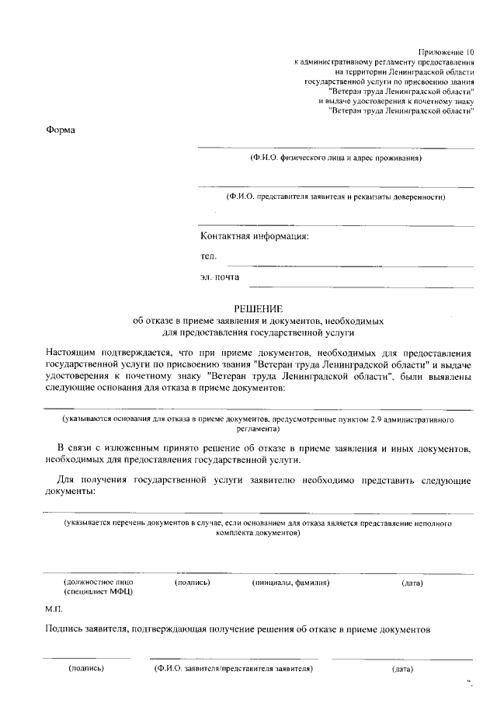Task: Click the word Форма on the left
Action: [x=61, y=129]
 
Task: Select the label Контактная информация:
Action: [x=254, y=236]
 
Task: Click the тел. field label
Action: [x=208, y=256]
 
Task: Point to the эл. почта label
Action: [x=220, y=276]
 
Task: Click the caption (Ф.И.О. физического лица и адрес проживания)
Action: [x=335, y=158]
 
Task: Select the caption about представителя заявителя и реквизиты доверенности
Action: [x=335, y=197]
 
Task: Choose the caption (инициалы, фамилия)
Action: [x=291, y=582]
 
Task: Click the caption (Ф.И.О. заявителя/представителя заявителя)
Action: [x=233, y=668]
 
